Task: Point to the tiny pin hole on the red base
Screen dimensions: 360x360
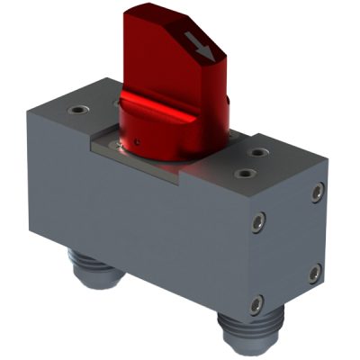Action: [137, 141]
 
